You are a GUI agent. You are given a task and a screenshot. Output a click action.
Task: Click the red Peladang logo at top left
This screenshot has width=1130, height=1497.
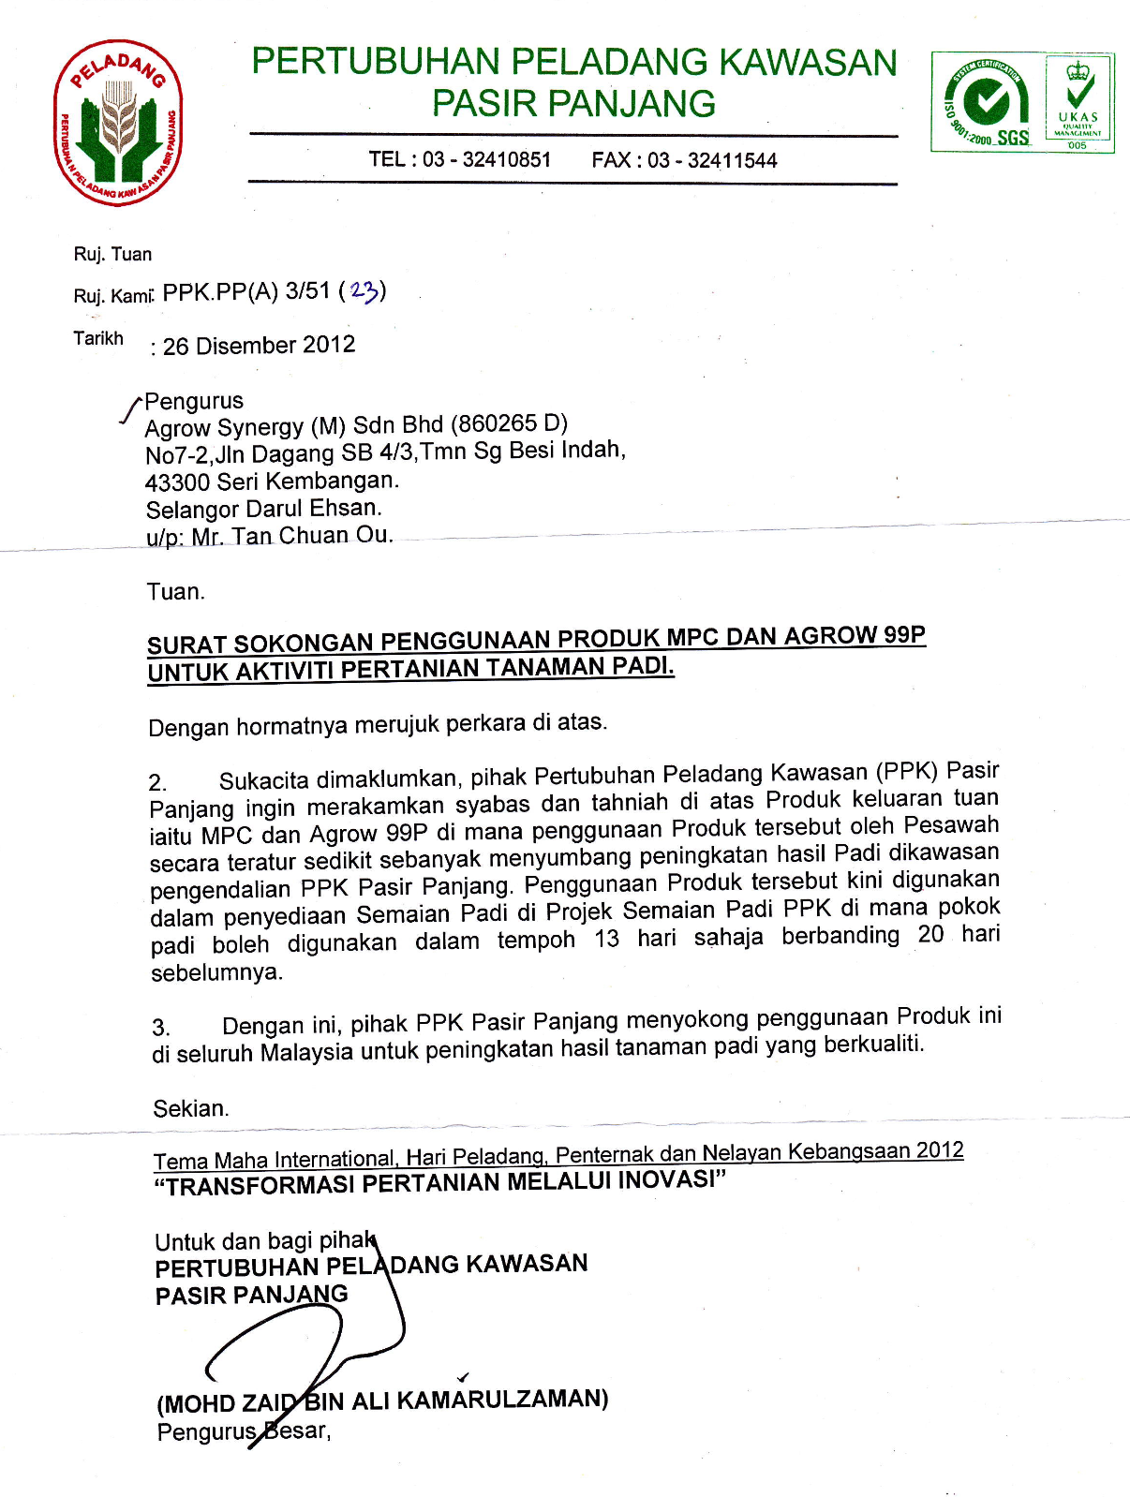point(118,123)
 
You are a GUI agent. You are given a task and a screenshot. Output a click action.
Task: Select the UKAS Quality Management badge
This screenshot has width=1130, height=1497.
point(1078,101)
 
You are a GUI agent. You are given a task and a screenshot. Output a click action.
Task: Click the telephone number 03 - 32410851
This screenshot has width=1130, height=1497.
point(486,159)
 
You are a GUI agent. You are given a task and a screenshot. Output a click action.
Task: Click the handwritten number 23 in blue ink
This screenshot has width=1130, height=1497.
point(364,291)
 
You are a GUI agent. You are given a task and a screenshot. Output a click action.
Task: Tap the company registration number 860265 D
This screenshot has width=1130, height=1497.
point(509,424)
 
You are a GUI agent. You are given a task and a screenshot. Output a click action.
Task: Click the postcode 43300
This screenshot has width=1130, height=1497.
point(177,482)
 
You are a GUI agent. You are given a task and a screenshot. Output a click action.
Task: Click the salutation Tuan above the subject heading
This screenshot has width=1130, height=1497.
point(174,592)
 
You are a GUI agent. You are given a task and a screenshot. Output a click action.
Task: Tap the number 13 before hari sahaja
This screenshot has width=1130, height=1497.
point(606,939)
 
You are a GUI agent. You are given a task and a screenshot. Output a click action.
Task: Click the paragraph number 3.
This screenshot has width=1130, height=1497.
point(160,1028)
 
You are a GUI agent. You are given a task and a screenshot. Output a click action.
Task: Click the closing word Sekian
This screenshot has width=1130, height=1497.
point(190,1109)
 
